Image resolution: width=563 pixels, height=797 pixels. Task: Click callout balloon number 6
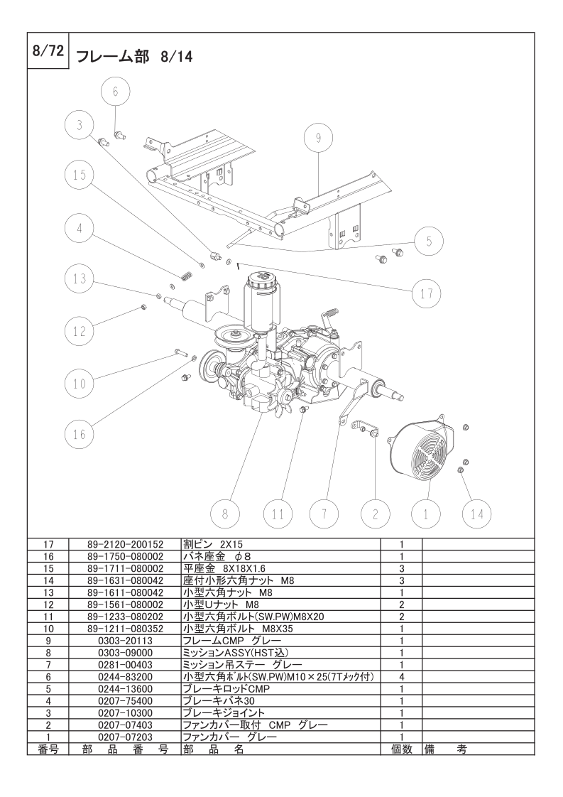point(117,90)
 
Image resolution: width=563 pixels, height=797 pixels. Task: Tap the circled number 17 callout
point(427,293)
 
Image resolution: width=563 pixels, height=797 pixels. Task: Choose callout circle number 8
point(225,512)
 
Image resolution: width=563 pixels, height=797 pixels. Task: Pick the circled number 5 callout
point(429,240)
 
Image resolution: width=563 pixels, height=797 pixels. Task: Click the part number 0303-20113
point(125,640)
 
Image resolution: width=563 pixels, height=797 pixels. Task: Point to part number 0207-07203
point(125,737)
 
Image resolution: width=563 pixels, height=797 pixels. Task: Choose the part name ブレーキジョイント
point(224,712)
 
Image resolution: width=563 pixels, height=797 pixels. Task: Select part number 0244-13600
point(125,689)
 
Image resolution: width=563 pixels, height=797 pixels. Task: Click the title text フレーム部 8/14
point(134,55)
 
